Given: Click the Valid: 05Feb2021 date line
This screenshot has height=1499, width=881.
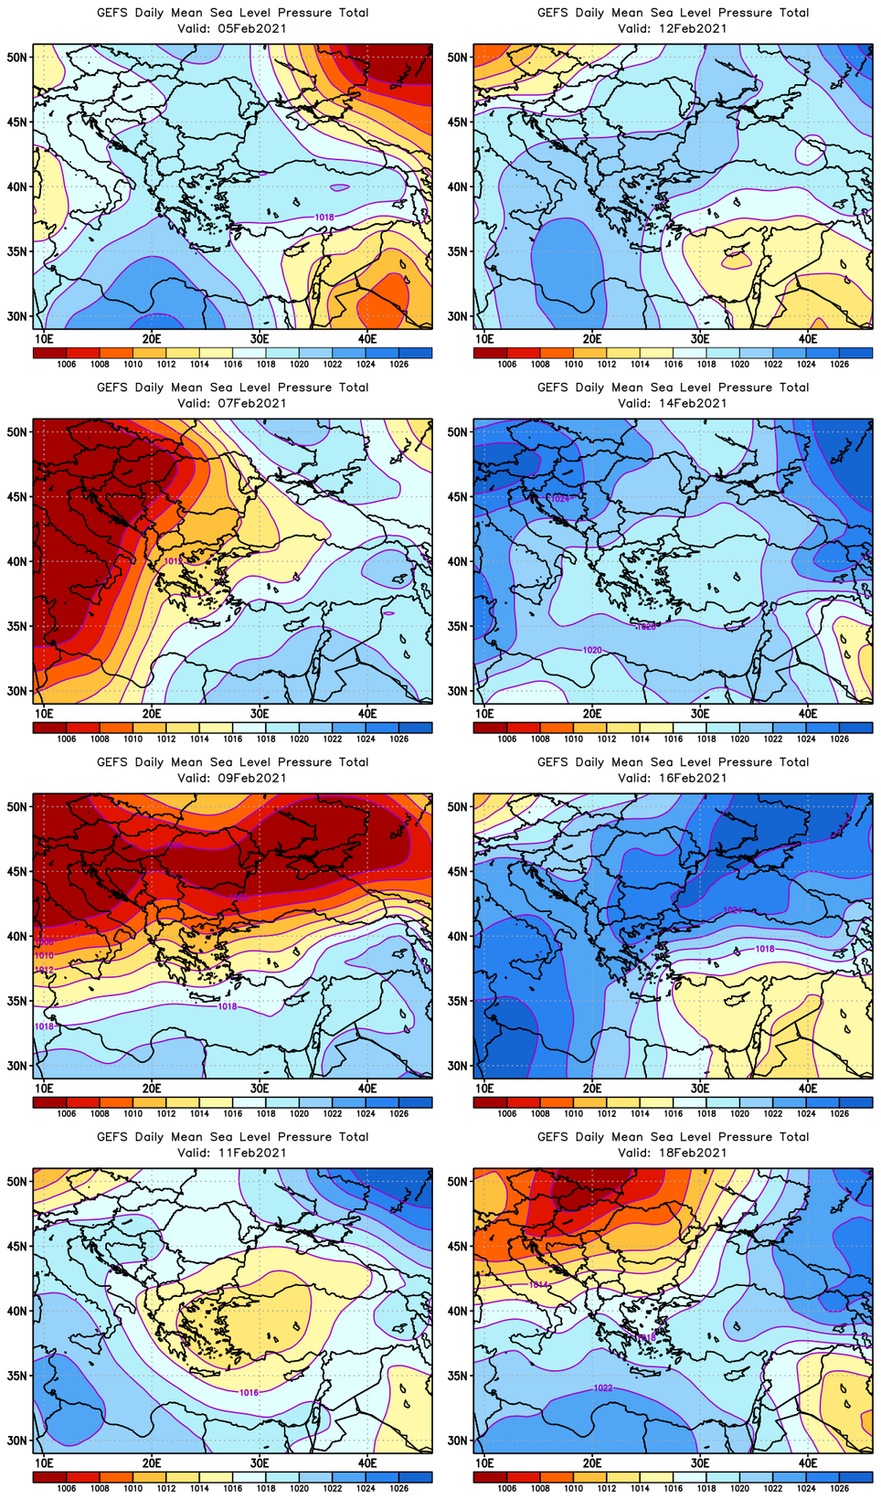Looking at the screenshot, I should (x=232, y=28).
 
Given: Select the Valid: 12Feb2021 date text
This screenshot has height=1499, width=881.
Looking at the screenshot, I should (x=673, y=28).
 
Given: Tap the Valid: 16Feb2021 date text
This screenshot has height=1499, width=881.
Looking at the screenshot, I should (x=673, y=778).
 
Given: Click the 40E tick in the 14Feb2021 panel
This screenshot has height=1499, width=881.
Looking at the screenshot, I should (x=808, y=713).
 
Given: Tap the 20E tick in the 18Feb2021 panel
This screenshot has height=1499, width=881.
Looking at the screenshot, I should (x=592, y=1462).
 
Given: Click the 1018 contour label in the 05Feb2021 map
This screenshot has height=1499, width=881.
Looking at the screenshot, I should (x=324, y=218).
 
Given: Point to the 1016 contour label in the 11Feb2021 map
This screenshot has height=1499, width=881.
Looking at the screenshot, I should (x=249, y=1393).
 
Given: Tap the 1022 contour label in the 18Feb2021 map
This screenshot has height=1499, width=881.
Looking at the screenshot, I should (x=603, y=1387).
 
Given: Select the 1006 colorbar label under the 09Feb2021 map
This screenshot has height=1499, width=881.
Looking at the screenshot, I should (x=66, y=1113).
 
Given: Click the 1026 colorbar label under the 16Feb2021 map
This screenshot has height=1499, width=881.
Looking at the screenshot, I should (x=839, y=1113).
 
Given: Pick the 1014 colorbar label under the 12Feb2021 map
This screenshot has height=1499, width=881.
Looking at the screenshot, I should (x=640, y=364).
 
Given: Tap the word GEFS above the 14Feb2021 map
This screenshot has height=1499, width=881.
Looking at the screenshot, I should (x=552, y=388).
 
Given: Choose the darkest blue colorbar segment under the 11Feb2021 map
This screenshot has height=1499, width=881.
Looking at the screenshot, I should (x=416, y=1477).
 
